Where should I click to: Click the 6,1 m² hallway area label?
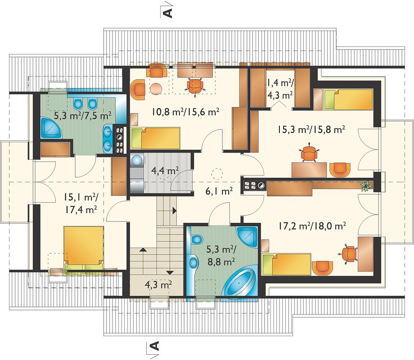coord(219,191)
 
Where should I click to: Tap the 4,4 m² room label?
coord(165,171)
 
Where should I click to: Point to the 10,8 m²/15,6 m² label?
coord(185,112)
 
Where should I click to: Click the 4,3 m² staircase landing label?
coord(158,285)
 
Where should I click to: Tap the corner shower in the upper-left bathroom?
coord(51,128)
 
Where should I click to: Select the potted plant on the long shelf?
coord(366,186)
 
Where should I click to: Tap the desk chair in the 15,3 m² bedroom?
coord(309,153)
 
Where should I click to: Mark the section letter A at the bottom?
coord(154,345)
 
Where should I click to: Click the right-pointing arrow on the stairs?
coord(174,211)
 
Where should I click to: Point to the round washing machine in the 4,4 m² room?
coord(137,160)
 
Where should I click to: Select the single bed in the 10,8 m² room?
coord(156,138)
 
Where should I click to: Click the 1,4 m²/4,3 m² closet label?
coord(280,89)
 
